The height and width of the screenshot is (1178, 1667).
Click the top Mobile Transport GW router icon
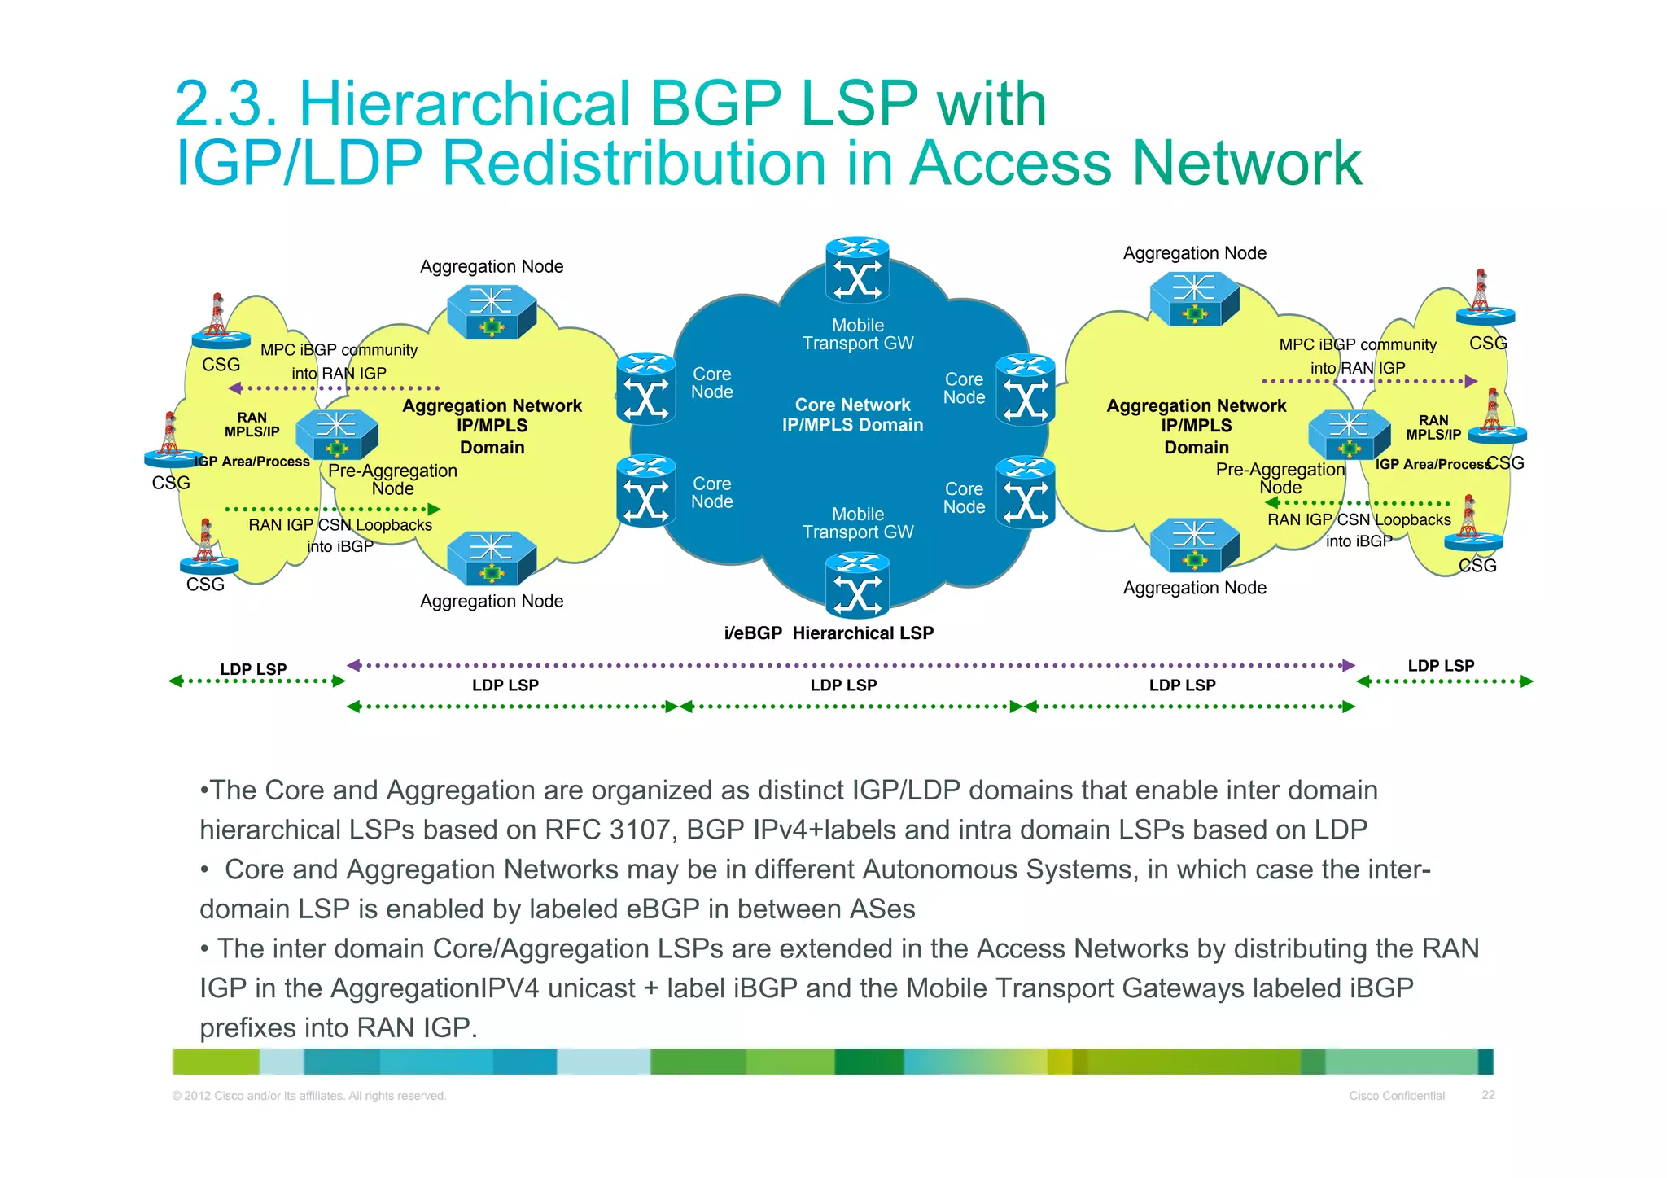[857, 270]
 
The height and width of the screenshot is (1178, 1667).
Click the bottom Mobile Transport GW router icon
[857, 585]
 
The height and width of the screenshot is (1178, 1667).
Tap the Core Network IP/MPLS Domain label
[852, 414]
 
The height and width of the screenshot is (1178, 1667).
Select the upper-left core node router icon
[645, 389]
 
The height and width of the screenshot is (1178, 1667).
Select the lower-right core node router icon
[1026, 492]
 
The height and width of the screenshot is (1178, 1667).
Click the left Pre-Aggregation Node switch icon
[337, 434]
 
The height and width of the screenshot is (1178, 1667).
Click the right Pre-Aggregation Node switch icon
[1349, 434]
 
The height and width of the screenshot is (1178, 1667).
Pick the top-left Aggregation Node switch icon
[492, 311]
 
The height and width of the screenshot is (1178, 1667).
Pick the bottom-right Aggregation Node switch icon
[1194, 544]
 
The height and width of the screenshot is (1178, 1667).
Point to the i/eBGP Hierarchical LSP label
[829, 633]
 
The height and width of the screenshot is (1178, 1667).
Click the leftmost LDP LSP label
[253, 669]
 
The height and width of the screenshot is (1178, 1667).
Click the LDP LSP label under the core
[843, 685]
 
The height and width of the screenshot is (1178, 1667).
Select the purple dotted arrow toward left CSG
[334, 388]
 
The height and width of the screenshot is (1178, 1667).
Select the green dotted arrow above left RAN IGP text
[332, 509]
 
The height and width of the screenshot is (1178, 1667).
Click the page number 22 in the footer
[1488, 1095]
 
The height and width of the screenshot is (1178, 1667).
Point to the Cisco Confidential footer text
[1397, 1096]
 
